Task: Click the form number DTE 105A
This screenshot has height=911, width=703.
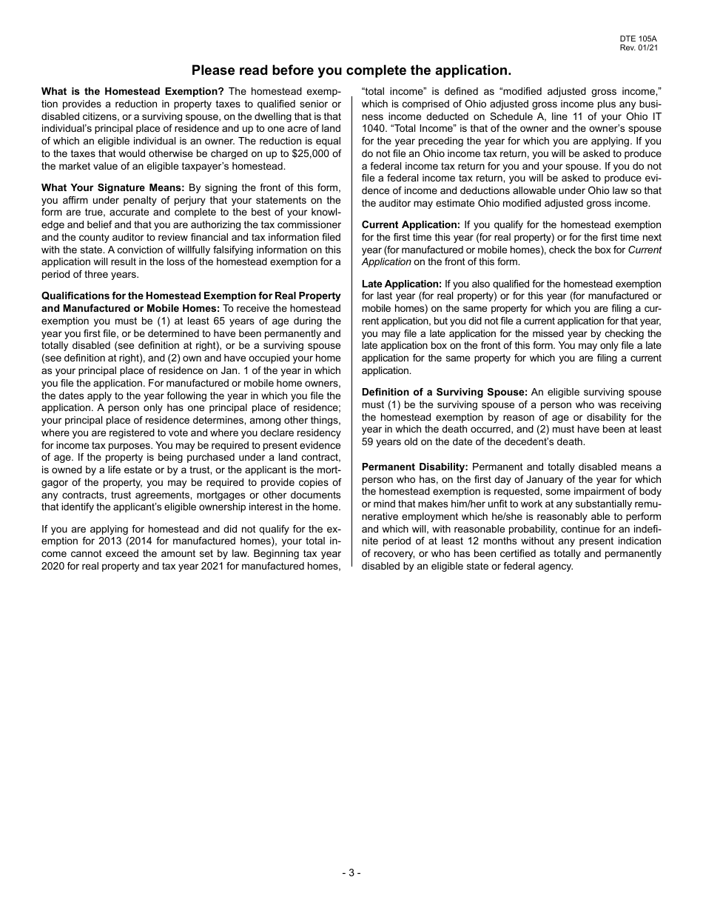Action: (x=639, y=39)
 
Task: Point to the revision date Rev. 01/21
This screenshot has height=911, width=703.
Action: (x=639, y=47)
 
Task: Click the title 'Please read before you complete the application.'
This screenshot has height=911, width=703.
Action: (x=351, y=70)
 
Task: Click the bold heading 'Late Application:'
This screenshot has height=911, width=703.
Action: (x=402, y=284)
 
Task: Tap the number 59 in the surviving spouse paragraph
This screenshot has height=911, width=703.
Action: (x=369, y=442)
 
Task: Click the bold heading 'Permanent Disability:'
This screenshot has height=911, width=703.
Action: (x=415, y=467)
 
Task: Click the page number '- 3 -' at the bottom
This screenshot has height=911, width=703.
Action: (x=351, y=873)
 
